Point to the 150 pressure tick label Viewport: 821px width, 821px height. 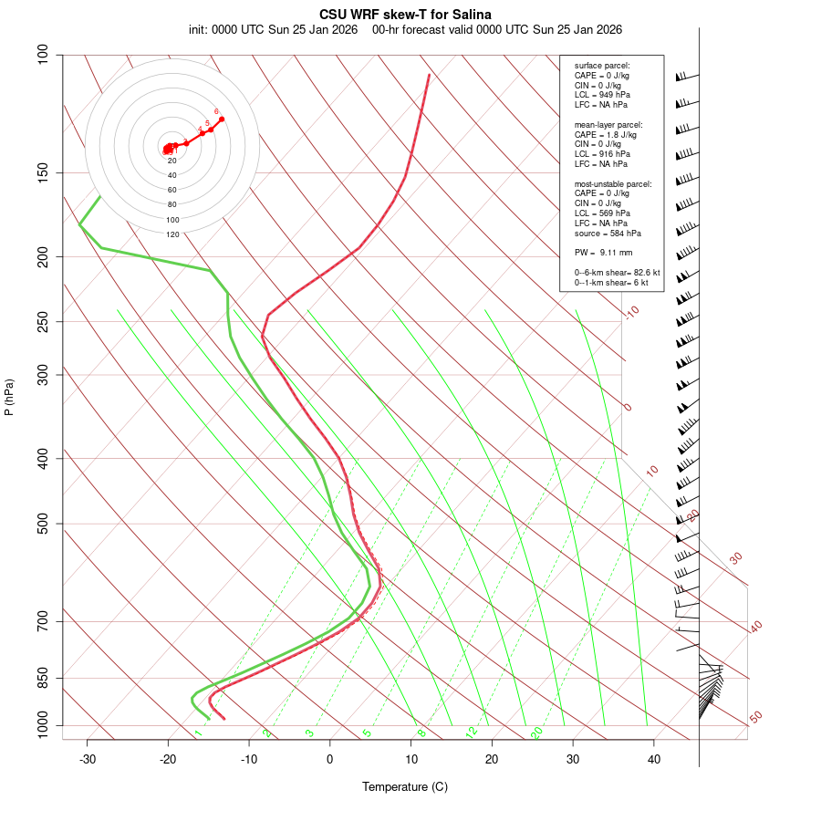coord(43,172)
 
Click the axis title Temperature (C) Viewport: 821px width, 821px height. coord(405,786)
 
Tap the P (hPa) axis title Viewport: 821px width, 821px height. coord(9,397)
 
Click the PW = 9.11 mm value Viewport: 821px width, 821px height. coord(603,253)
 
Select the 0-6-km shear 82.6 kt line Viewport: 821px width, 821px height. coord(617,273)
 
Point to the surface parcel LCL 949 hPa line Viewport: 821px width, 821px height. coord(602,95)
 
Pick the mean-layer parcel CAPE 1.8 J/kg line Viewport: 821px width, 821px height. coord(606,134)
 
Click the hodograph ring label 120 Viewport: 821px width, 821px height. coord(172,234)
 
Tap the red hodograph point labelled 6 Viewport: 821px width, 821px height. coord(222,120)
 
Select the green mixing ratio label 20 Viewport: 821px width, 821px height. coord(537,733)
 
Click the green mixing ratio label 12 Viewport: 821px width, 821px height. coord(472,733)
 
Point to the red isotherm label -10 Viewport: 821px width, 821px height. coord(631,313)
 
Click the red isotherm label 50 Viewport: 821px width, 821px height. coord(756,718)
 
